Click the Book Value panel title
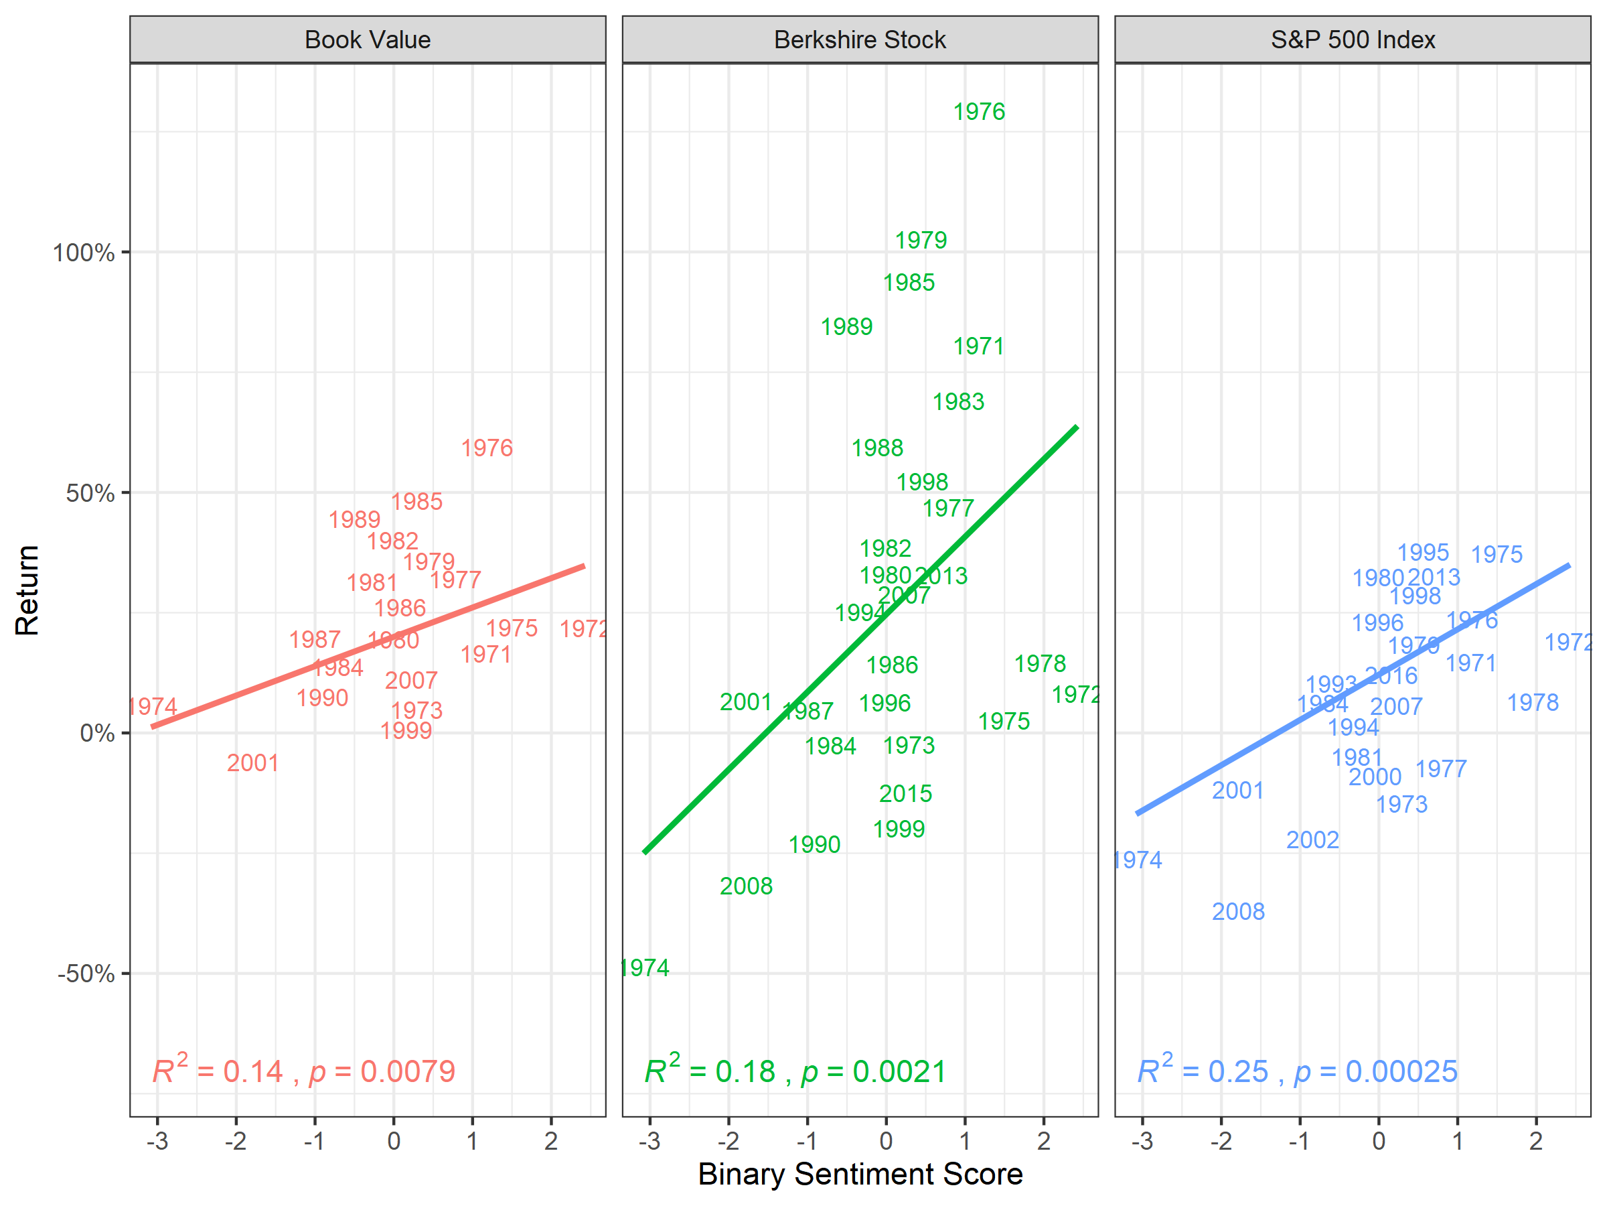pos(368,40)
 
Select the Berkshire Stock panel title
pos(860,40)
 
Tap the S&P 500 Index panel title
pos(1353,40)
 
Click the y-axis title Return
pos(27,590)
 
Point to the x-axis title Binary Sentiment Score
pos(860,1174)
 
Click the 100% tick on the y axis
pos(84,253)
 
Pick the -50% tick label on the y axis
pos(86,974)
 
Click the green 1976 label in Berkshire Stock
pos(978,112)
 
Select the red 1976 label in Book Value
pos(487,448)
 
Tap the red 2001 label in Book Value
pos(253,762)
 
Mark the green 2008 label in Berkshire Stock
pos(746,886)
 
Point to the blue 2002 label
pos(1312,840)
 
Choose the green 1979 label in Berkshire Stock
pos(921,240)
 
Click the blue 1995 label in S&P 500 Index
pos(1422,553)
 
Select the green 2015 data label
pos(905,793)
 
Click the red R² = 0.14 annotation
pos(217,1071)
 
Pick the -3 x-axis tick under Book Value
pos(157,1140)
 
